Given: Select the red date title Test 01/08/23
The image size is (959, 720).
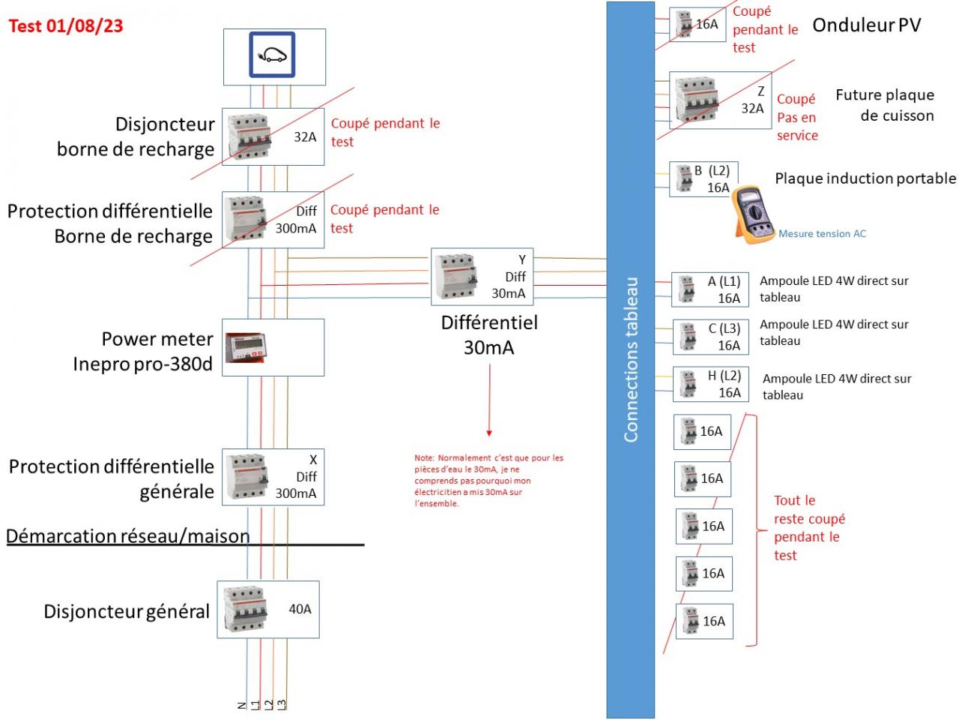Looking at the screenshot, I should [x=66, y=26].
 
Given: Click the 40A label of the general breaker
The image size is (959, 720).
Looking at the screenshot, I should [x=300, y=609].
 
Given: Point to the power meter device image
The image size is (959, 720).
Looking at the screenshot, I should [x=246, y=347].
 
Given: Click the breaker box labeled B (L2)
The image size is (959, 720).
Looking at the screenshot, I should [x=704, y=179].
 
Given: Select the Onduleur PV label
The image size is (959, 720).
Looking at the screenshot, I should [x=866, y=25].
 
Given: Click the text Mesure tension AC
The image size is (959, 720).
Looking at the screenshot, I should [x=822, y=234].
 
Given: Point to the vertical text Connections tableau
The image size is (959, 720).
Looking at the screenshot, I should [x=631, y=360].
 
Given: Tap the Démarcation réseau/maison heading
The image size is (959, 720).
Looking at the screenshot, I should [x=128, y=536].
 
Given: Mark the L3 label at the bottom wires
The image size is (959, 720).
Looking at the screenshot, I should [x=282, y=704].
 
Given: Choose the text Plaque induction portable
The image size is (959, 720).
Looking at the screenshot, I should [x=865, y=178].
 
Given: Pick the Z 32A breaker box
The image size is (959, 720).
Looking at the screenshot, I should [x=720, y=100].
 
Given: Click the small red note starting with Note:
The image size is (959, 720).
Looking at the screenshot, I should [x=488, y=481].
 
